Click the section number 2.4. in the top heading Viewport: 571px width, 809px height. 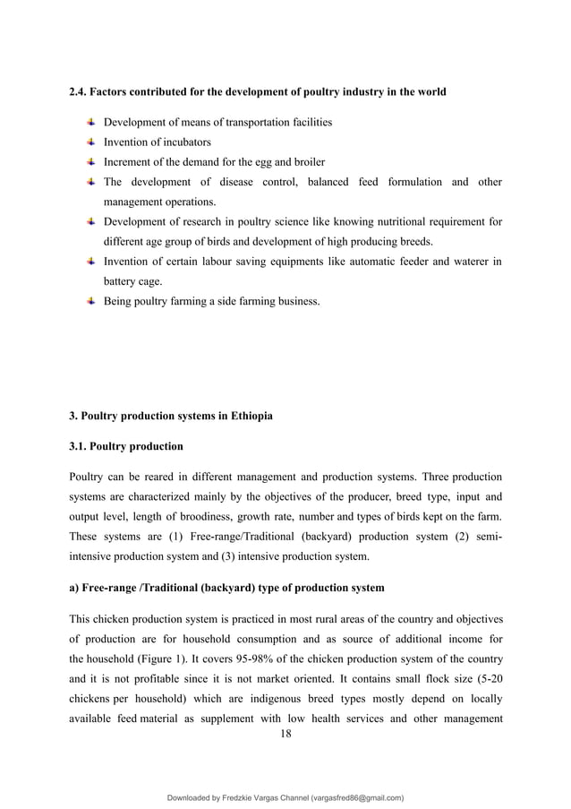(x=79, y=92)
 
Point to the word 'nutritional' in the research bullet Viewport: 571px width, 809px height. (x=388, y=221)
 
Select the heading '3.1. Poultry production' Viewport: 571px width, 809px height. (x=126, y=445)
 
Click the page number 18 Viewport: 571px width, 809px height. (x=286, y=734)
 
